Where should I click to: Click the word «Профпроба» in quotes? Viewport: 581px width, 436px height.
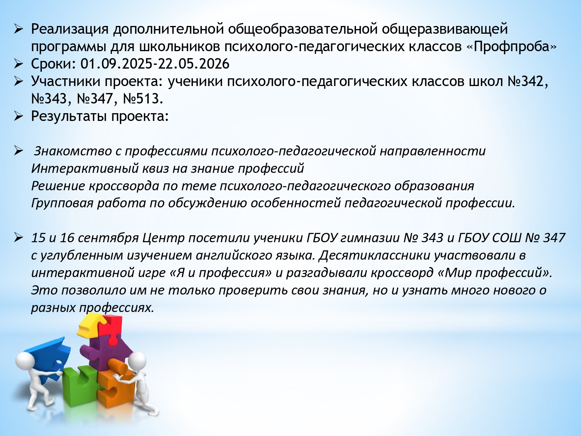[x=511, y=47]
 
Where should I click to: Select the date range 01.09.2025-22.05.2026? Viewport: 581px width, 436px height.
[x=155, y=64]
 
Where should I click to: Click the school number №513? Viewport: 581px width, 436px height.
[x=143, y=99]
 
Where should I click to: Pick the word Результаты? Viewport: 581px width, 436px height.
[x=69, y=116]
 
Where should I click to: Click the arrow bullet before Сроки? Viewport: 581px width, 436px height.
[x=19, y=64]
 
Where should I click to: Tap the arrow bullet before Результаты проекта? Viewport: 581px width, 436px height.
[x=19, y=117]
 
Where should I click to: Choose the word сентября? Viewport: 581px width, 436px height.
[x=108, y=238]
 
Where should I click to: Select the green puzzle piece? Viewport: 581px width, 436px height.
[x=79, y=386]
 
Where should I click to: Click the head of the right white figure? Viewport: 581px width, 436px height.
[x=137, y=362]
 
